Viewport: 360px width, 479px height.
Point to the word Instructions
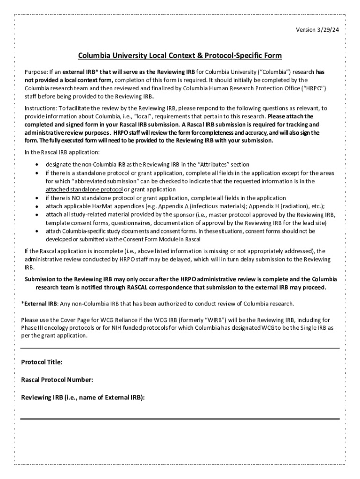41,108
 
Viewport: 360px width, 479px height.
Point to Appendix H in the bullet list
266,206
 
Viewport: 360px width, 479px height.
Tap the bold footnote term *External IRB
39,304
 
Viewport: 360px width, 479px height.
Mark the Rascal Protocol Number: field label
57,379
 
